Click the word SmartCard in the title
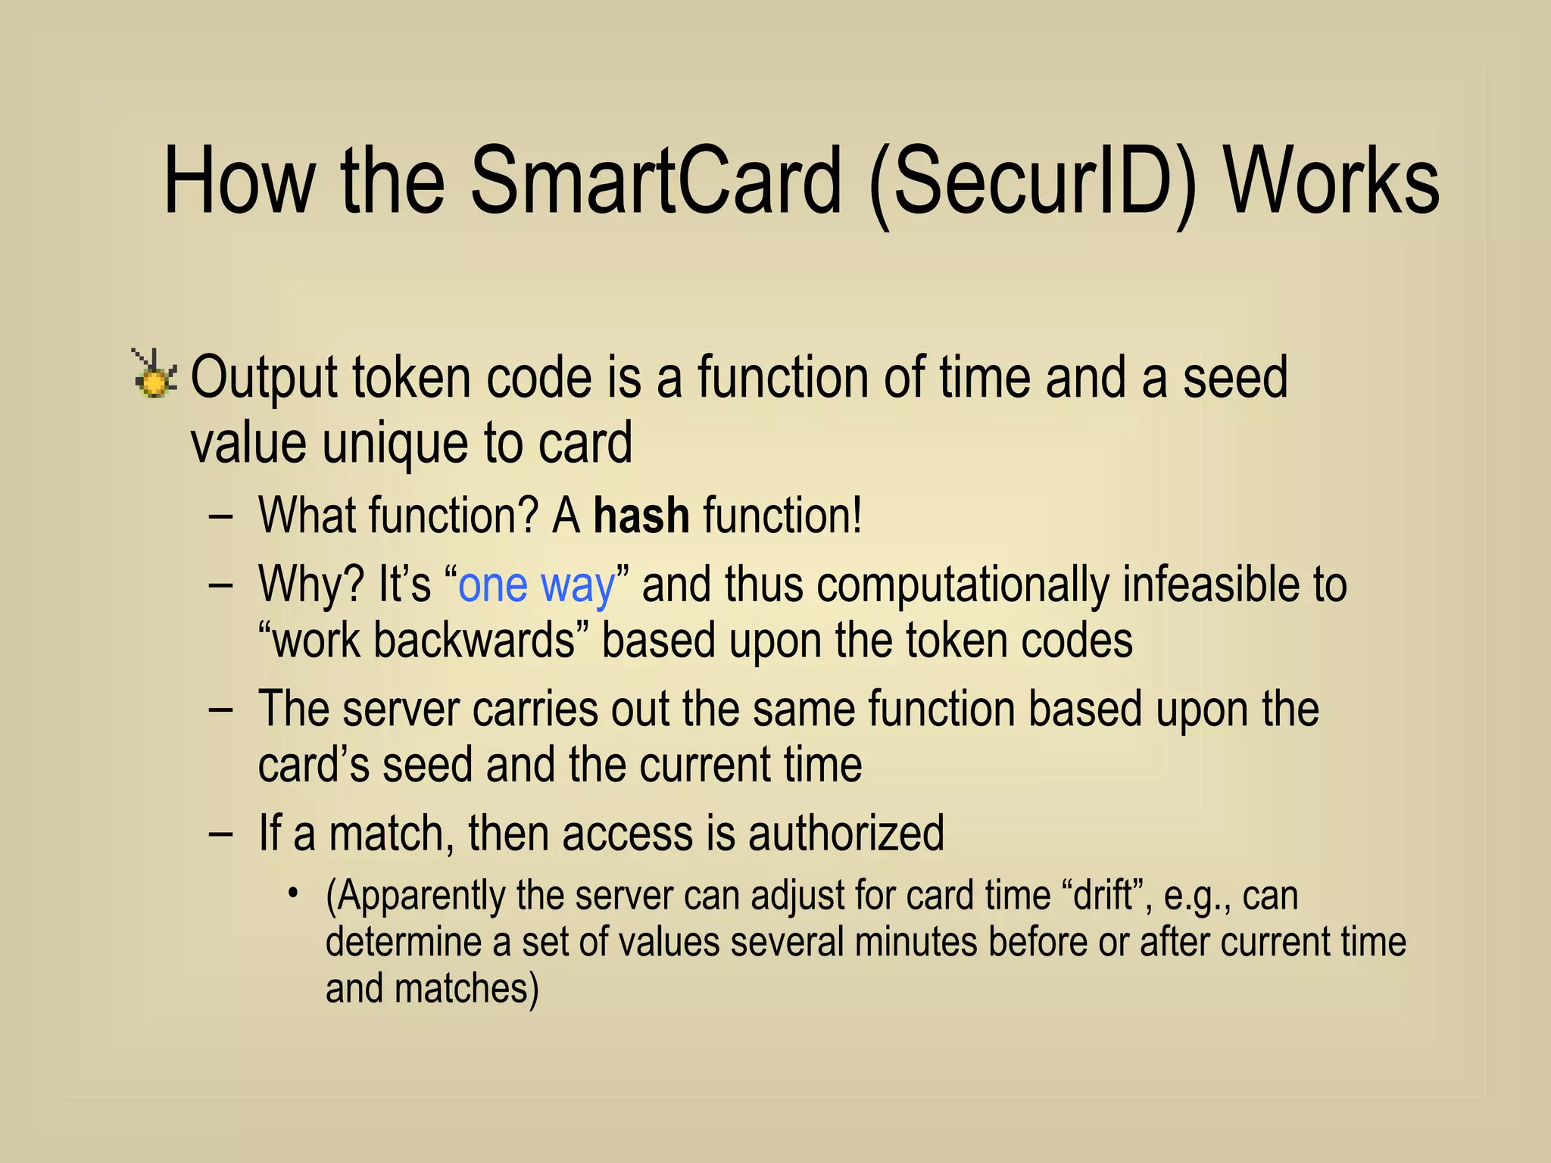point(655,182)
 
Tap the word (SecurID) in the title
point(1034,182)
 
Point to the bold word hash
point(641,516)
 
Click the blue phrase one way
point(537,585)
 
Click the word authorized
point(846,833)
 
